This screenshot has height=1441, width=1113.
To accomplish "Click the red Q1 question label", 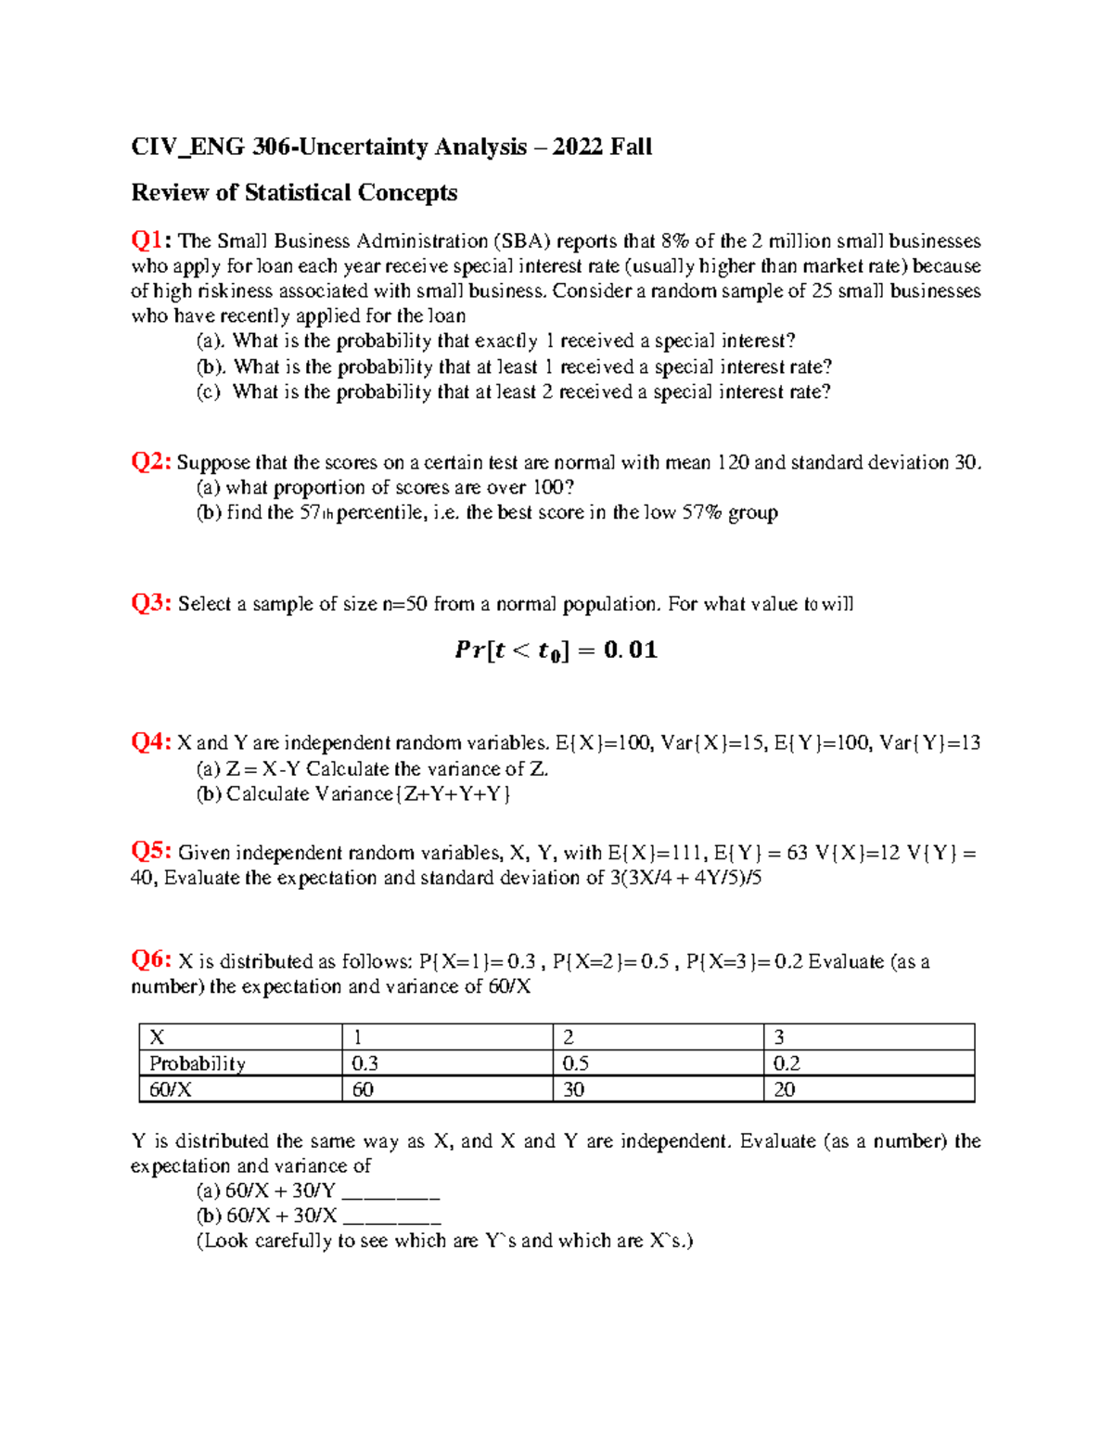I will tap(150, 240).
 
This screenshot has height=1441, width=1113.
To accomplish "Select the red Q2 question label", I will tap(150, 461).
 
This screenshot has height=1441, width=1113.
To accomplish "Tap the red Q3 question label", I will tap(150, 603).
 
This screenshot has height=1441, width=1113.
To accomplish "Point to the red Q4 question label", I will tap(150, 741).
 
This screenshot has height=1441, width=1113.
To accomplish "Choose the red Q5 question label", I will tap(150, 851).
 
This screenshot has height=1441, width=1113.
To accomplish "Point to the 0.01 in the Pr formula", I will tap(630, 650).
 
